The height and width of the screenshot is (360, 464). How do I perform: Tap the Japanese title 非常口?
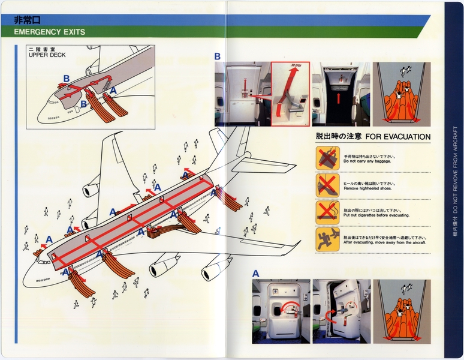click(x=27, y=19)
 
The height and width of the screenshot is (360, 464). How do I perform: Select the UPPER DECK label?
click(x=47, y=55)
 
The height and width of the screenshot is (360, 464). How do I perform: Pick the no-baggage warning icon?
click(x=327, y=158)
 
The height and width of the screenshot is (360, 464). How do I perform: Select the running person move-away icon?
click(x=327, y=239)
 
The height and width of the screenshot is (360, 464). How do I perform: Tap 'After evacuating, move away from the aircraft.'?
click(x=384, y=242)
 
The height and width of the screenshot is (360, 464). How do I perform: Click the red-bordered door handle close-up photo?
click(x=290, y=94)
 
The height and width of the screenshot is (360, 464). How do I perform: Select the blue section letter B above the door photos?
click(x=218, y=56)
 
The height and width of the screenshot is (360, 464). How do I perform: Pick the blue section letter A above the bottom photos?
click(x=256, y=274)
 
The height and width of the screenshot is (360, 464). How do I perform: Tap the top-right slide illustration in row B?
click(x=401, y=94)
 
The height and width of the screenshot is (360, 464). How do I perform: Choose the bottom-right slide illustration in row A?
click(x=401, y=311)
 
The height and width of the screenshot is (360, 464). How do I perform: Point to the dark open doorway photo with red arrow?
click(x=339, y=94)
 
